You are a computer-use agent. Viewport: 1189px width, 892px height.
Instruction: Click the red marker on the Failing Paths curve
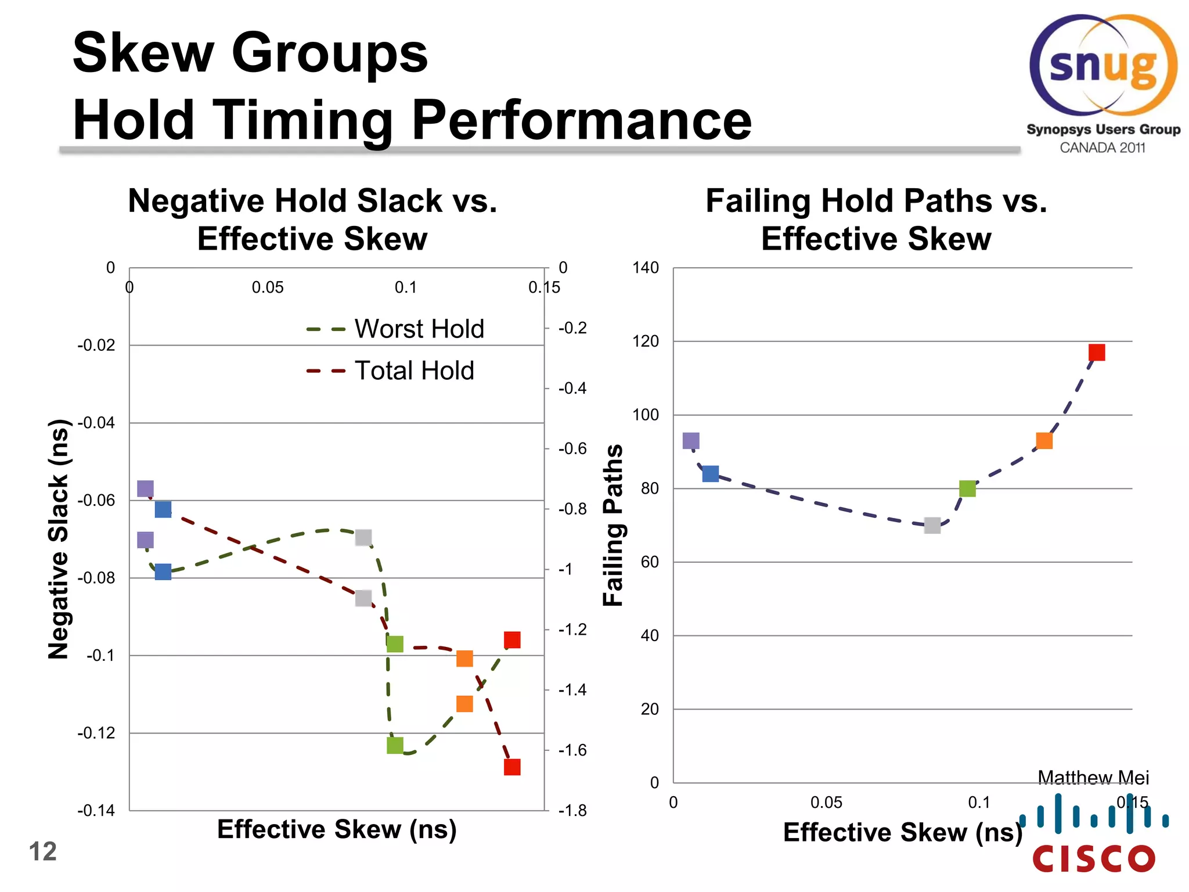[1096, 353]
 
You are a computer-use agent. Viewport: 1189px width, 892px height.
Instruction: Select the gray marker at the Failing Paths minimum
[932, 526]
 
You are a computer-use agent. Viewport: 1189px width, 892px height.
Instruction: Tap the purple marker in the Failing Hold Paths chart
[690, 441]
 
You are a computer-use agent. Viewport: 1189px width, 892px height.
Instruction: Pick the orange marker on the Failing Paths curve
[1044, 441]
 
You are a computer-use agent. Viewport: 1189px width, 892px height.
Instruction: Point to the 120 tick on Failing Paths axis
[646, 341]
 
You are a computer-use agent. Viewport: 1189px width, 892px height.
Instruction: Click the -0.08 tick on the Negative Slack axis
[96, 578]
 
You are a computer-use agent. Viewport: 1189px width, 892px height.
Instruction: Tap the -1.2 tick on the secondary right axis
[572, 630]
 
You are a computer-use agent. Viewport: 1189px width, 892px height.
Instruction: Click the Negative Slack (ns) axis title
[58, 539]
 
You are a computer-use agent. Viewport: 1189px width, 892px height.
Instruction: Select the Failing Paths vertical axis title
[613, 526]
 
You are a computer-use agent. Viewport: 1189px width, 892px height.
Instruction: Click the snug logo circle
[1102, 66]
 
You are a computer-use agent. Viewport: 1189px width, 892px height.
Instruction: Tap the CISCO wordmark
[1094, 858]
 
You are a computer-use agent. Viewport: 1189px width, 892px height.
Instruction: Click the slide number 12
[42, 852]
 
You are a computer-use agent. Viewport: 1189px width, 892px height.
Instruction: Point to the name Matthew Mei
[1093, 777]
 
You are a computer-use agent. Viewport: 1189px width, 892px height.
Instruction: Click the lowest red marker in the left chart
[511, 767]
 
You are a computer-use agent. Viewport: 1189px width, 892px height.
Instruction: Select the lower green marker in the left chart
[395, 745]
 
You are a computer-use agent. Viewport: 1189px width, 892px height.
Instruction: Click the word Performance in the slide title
[581, 120]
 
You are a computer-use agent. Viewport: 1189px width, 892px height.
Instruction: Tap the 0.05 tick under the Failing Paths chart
[826, 803]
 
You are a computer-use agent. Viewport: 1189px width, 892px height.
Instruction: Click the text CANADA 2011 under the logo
[1102, 148]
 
